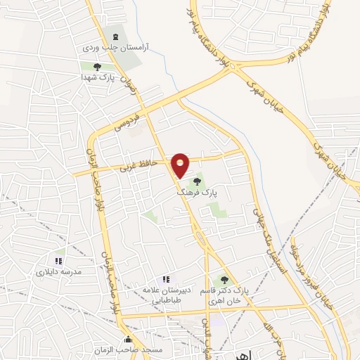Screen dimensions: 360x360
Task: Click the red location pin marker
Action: (x=181, y=165)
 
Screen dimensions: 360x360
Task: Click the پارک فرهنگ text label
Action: (x=196, y=191)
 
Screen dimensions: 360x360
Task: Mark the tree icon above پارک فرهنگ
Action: (x=197, y=181)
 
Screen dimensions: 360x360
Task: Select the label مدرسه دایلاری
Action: (x=59, y=271)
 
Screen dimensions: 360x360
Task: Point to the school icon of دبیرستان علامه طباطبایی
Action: (x=166, y=279)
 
